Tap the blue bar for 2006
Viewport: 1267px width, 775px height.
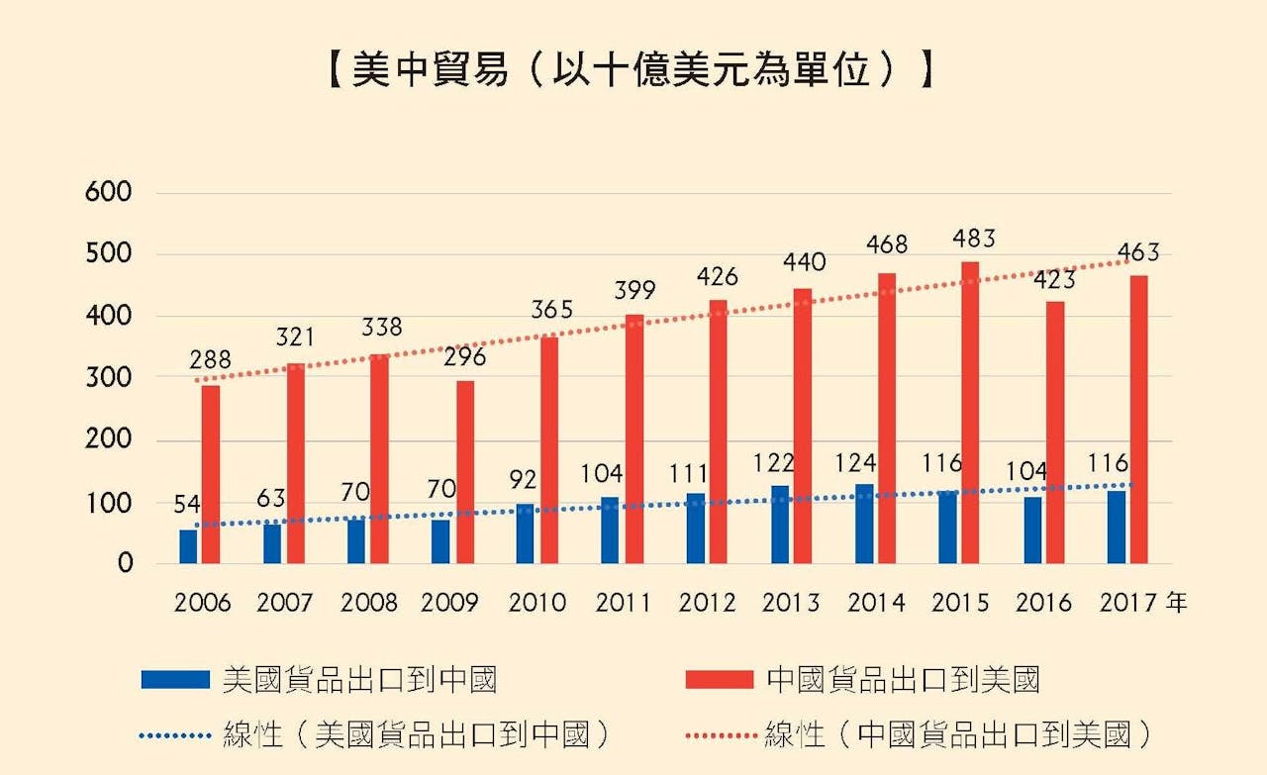coord(188,546)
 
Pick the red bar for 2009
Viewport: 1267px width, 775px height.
coord(464,472)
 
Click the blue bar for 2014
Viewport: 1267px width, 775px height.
coord(864,524)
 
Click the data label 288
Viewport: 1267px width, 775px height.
coord(210,361)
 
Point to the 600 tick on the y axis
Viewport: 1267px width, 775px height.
coord(110,193)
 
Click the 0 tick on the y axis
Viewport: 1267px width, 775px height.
coord(125,564)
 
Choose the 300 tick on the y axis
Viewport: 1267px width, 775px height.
coord(110,378)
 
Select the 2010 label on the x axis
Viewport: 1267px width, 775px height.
coord(536,603)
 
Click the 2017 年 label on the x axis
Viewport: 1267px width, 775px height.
coord(1143,603)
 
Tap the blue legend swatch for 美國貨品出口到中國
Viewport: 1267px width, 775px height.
coord(175,679)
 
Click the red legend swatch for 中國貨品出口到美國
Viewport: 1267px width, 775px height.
coord(720,679)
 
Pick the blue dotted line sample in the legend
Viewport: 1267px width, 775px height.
coord(175,734)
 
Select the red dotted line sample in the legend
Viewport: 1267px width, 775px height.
coord(720,734)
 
